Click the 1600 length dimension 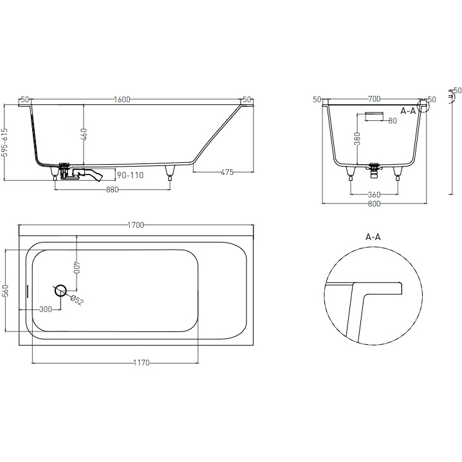(122, 99)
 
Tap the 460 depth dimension (84, 136)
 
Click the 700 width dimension (374, 99)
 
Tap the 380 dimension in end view (358, 138)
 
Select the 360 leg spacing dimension (374, 194)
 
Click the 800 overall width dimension (374, 204)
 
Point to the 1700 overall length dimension (136, 225)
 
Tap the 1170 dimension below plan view (141, 363)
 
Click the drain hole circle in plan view (61, 290)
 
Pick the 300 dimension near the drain (45, 310)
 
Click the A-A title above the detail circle (373, 237)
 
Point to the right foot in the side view (170, 171)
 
